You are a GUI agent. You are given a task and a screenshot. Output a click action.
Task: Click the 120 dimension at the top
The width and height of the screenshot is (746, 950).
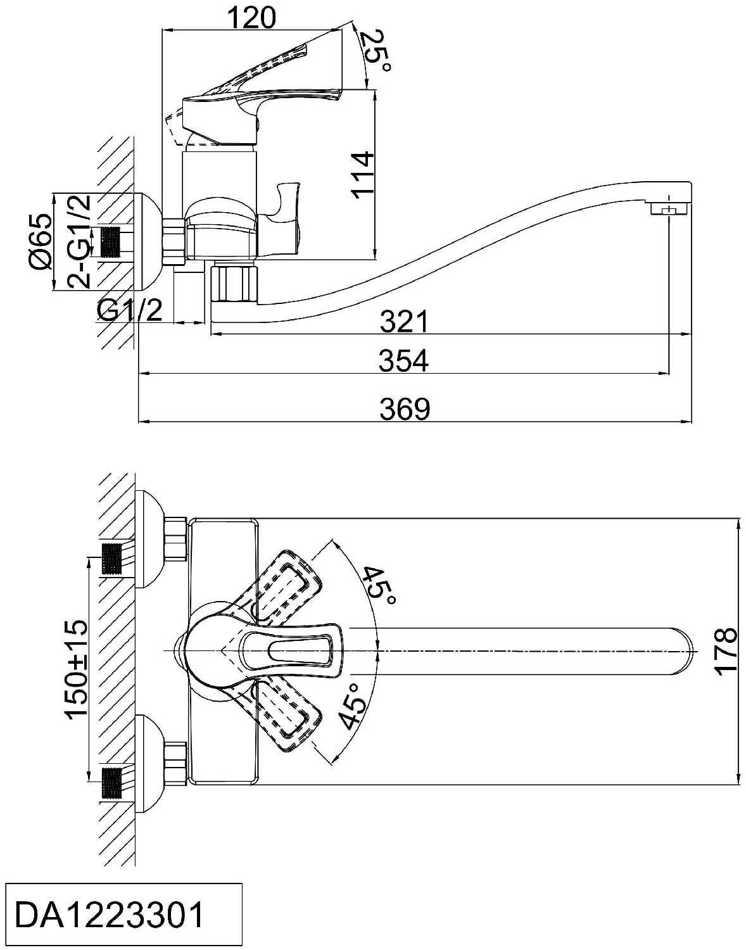pos(253,18)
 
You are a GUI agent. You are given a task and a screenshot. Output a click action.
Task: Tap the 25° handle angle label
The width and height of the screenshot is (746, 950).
pos(379,51)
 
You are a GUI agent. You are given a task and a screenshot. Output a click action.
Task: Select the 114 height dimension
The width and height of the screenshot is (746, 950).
pos(364,175)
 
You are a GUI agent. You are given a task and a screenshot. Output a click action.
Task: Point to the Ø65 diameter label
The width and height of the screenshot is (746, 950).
pos(42,241)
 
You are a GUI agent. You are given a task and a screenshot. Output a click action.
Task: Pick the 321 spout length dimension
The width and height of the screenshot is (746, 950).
pos(404,321)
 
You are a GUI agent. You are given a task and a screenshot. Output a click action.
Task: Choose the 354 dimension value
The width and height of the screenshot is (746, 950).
pos(404,361)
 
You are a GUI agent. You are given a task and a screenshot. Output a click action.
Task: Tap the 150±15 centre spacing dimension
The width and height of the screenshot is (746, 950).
pos(77,669)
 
